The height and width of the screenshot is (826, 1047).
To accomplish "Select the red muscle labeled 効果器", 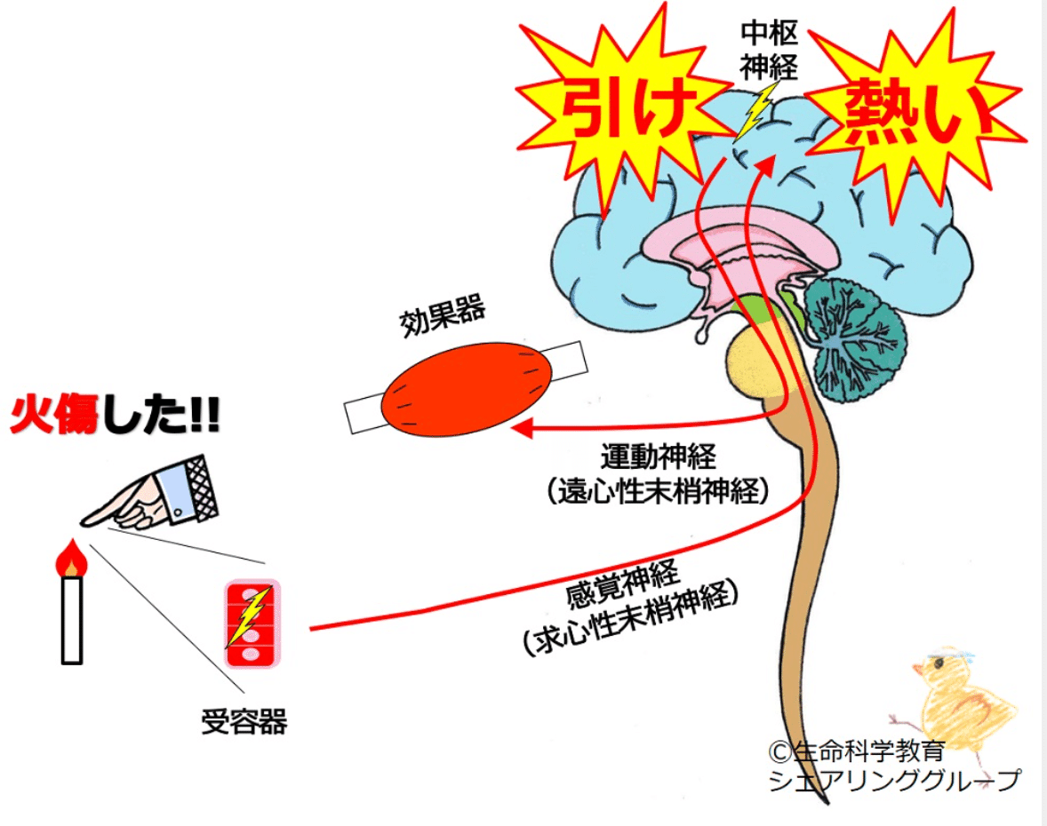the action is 468,385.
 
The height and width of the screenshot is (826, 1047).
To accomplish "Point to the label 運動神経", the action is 659,458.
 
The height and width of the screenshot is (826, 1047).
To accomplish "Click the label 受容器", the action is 244,721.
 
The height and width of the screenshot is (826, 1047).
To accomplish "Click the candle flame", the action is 70,559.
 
